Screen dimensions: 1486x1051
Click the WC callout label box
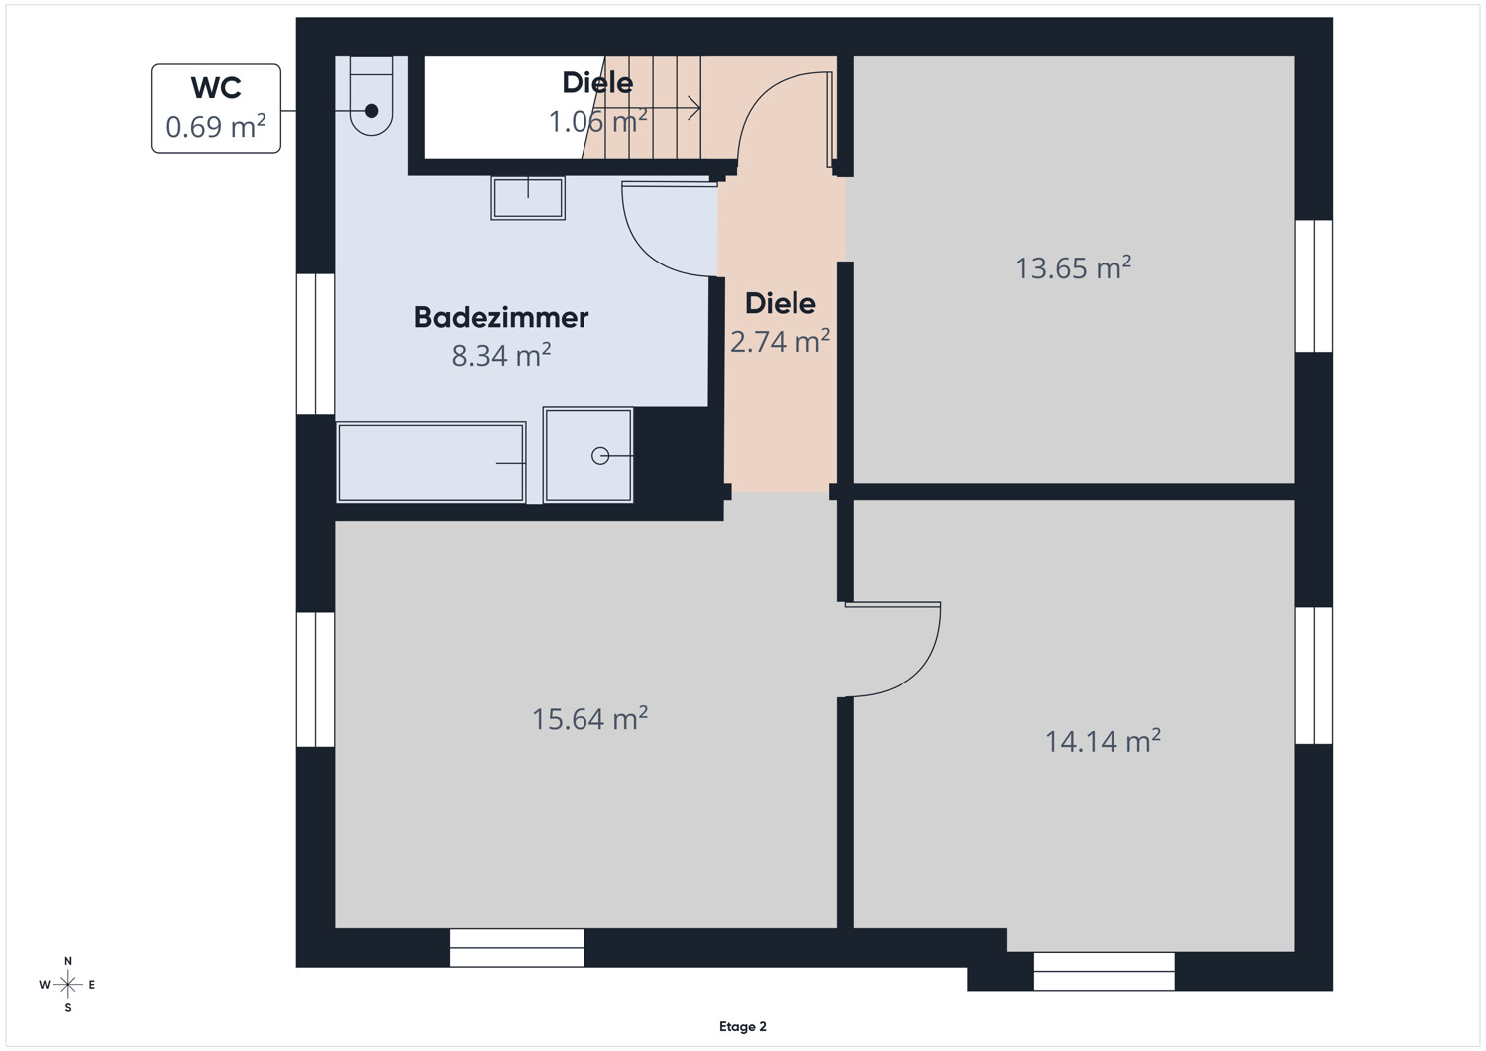[x=216, y=108]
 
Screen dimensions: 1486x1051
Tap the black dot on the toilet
[x=371, y=111]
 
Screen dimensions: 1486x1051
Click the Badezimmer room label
[x=501, y=317]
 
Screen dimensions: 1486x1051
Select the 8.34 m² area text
[x=501, y=355]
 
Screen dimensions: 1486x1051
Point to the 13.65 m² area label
[x=1073, y=267]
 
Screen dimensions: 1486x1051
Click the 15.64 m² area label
[x=589, y=718]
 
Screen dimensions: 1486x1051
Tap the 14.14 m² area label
[x=1103, y=741]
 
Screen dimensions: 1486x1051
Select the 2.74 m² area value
[x=781, y=341]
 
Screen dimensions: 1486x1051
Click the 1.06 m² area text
[x=597, y=121]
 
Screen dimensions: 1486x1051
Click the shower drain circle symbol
[x=600, y=456]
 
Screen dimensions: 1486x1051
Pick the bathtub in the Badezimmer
[x=431, y=463]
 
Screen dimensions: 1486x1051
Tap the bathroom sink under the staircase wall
[x=528, y=198]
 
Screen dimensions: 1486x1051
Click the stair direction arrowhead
[x=694, y=108]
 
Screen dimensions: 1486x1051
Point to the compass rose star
[x=67, y=985]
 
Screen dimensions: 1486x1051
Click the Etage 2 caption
[x=742, y=1026]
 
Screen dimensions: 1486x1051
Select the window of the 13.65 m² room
[x=1315, y=286]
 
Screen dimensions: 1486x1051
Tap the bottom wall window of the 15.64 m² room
[x=517, y=947]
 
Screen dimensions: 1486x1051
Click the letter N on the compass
[x=67, y=961]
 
